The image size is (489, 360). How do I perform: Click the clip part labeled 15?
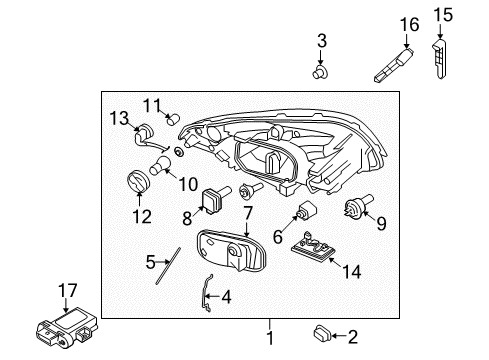(442, 54)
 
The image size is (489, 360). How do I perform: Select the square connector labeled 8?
(213, 201)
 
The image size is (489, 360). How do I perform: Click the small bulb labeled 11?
(174, 120)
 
